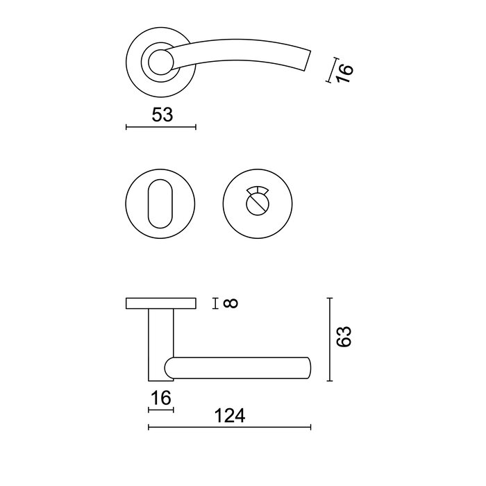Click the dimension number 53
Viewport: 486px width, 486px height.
click(162, 115)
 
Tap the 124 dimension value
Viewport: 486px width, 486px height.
click(230, 416)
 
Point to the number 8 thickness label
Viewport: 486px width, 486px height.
click(232, 303)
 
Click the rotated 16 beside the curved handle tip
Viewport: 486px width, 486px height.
click(344, 69)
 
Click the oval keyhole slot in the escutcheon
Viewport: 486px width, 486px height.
click(160, 203)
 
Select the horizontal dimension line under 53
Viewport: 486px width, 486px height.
click(161, 127)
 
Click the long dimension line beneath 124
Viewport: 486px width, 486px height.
click(230, 427)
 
